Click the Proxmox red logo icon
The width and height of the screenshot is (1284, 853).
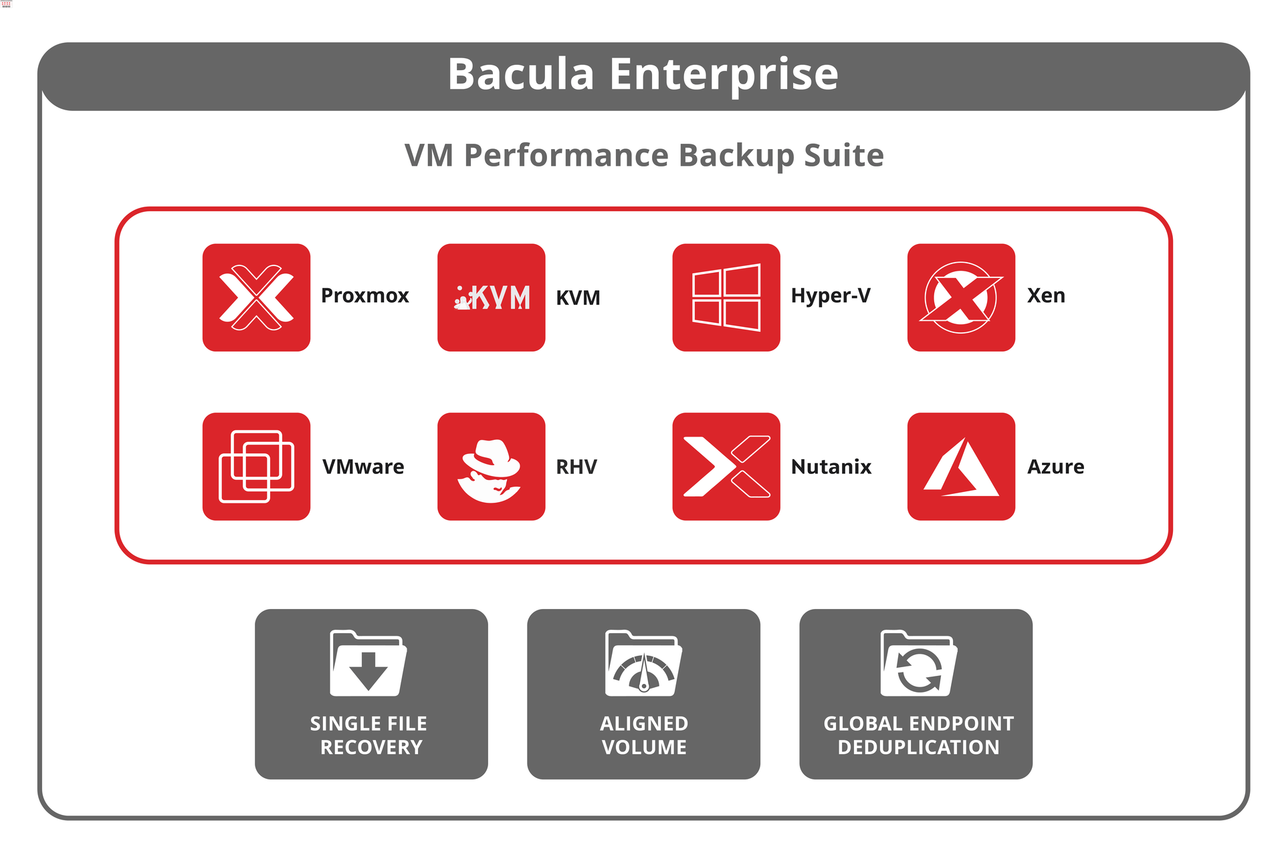[256, 297]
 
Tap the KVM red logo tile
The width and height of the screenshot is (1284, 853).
[491, 297]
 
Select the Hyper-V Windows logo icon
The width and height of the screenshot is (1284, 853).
[726, 297]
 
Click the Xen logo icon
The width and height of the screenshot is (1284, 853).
[961, 297]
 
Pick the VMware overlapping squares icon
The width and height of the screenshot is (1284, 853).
[256, 466]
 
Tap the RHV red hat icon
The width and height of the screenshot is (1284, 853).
[491, 466]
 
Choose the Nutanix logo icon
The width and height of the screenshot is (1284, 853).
[726, 466]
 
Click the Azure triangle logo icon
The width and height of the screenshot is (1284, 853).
[961, 466]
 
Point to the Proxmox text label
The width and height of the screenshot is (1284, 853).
[364, 295]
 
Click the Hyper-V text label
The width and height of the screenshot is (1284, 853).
[831, 296]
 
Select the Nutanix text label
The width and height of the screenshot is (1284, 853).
[831, 467]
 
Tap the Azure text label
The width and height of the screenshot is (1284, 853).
[1055, 467]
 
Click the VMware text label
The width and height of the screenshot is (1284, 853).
[363, 467]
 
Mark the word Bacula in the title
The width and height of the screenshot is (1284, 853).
[521, 74]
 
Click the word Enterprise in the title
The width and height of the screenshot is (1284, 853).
[724, 75]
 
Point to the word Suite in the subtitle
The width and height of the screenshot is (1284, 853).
[844, 155]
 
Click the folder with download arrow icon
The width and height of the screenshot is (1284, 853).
[368, 663]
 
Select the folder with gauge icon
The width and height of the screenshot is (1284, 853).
[643, 663]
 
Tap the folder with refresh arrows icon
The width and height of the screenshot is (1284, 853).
[919, 663]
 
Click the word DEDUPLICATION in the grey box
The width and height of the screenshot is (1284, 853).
[918, 747]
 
